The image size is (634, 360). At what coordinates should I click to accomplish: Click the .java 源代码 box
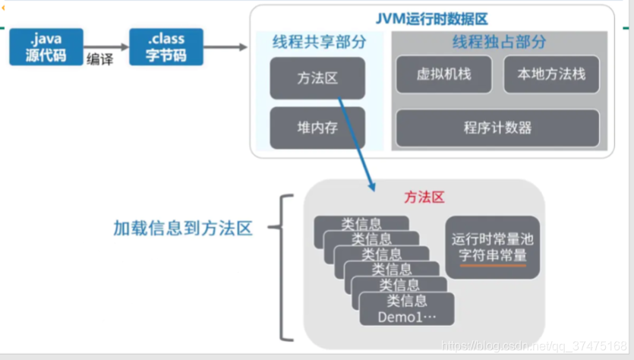[x=46, y=47]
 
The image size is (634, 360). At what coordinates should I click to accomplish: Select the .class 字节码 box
[x=166, y=47]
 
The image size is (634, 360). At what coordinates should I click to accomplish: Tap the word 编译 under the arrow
[x=100, y=60]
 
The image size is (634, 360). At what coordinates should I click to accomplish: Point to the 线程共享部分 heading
[x=319, y=43]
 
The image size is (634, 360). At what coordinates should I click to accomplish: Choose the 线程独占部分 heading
[x=499, y=43]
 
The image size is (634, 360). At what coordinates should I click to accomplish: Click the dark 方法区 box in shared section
[x=317, y=77]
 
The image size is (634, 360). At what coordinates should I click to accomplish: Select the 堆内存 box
[x=317, y=128]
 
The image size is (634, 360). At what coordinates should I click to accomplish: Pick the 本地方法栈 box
[x=551, y=74]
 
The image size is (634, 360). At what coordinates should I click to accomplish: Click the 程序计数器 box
[x=497, y=127]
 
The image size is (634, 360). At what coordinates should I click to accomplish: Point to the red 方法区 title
[x=424, y=197]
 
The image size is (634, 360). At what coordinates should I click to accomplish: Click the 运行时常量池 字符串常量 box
[x=493, y=247]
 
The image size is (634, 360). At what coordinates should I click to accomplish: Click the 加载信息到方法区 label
[x=182, y=228]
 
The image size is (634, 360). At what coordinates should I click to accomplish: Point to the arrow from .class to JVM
[x=226, y=47]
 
